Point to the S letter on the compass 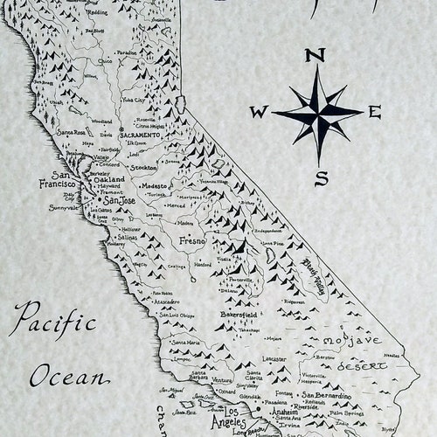point(321,178)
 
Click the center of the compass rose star point(318,114)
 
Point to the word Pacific point(57,316)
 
